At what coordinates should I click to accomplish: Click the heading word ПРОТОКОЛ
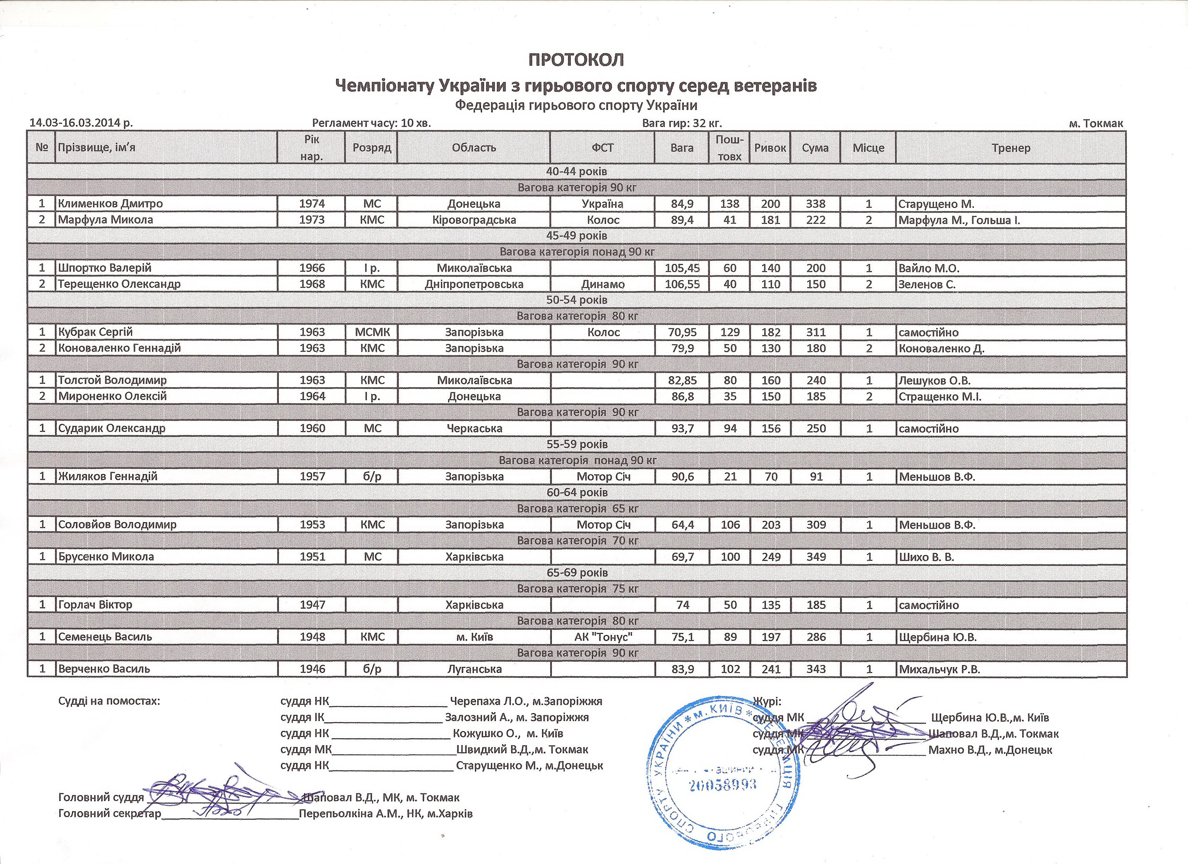pos(576,60)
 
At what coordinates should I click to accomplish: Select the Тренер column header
pos(1010,148)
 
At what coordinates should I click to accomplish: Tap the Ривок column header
pos(770,148)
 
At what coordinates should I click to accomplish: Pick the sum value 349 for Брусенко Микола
pos(816,556)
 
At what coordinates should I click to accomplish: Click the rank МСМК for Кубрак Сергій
pos(372,332)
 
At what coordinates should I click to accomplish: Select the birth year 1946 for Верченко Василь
pos(312,669)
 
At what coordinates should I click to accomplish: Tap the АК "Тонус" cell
pos(603,637)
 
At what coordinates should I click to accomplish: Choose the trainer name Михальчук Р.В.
pos(939,669)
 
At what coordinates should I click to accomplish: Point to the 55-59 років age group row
pos(576,444)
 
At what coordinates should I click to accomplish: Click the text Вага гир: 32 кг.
pos(682,123)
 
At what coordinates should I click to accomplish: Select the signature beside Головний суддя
pos(220,791)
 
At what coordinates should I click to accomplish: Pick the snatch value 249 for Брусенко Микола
pos(771,556)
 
